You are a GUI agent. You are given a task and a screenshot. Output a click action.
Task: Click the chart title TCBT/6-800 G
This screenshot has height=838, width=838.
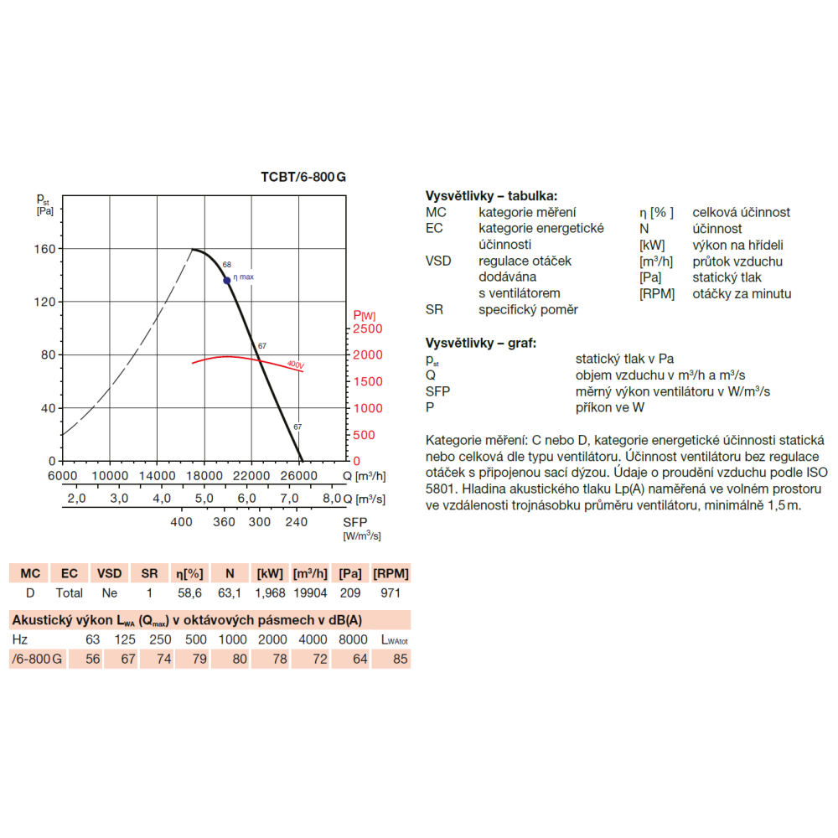tap(303, 177)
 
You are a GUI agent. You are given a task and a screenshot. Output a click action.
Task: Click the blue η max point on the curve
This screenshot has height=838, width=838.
tap(227, 281)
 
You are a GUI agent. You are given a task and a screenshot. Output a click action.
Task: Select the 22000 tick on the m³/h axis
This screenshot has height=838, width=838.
tap(251, 476)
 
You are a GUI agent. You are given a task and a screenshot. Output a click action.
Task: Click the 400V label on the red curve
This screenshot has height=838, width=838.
tap(294, 365)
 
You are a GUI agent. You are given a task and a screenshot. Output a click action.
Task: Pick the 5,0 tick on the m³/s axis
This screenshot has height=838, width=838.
tap(204, 499)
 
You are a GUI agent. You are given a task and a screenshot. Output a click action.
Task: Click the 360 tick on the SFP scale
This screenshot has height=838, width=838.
tap(225, 521)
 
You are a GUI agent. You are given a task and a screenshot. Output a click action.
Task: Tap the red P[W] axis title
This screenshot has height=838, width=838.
tap(365, 315)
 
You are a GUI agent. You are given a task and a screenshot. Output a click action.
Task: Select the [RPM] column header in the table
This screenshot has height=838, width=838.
tap(391, 574)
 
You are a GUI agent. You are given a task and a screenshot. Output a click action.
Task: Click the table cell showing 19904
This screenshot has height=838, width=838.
tap(310, 592)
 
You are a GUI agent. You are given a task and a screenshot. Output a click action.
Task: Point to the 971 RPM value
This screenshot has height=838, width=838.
tap(391, 592)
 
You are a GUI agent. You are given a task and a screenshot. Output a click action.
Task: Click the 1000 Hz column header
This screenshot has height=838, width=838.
tap(232, 639)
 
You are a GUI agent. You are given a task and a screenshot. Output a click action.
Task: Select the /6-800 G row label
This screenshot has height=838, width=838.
tap(35, 659)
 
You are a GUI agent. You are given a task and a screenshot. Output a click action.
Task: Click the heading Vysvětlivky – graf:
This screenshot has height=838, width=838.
tap(481, 344)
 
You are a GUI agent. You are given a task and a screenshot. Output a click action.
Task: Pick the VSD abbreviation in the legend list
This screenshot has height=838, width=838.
tap(438, 261)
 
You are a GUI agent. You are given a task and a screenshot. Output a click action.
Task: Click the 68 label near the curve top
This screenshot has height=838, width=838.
tap(227, 265)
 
